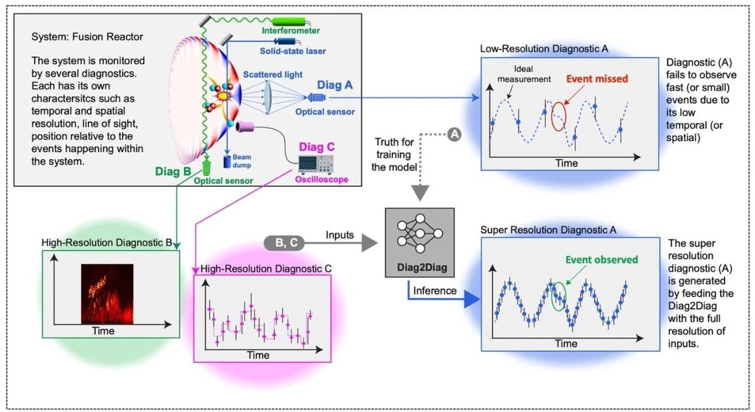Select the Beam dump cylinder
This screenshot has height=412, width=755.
point(226,161)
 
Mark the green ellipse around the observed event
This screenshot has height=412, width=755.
point(558,295)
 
